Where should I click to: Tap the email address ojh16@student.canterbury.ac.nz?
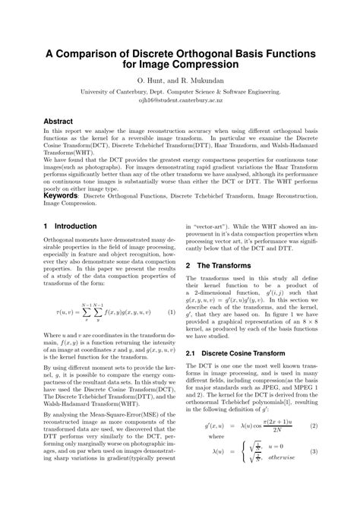tap(179, 99)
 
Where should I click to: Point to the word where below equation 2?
tap(216, 459)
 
